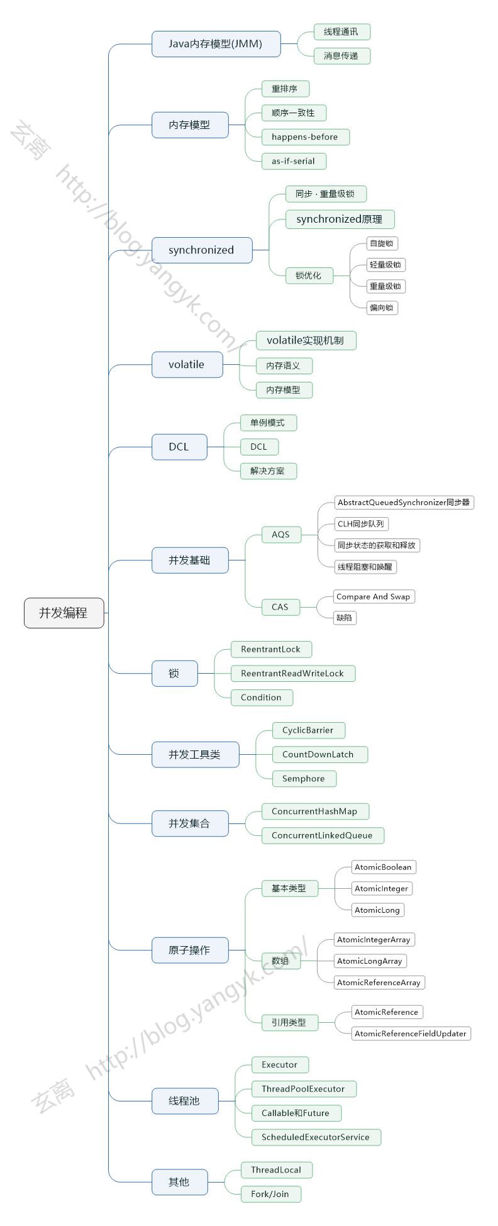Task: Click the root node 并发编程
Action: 64,613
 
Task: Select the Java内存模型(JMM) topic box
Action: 216,44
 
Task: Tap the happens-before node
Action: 305,137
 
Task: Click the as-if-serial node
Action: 294,161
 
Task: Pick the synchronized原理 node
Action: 340,219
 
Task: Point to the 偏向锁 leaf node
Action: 382,308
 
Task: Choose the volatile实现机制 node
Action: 306,340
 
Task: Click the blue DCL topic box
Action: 179,447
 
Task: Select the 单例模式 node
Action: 268,423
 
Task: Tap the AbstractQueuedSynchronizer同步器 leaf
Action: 404,502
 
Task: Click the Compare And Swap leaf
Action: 373,596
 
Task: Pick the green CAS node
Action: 280,607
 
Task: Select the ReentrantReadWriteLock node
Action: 292,673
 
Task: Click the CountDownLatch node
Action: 319,754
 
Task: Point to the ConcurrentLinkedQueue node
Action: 322,835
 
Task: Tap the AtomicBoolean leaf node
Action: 383,867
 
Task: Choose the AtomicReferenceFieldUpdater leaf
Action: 411,1033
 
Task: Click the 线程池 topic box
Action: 185,1101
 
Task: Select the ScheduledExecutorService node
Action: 316,1137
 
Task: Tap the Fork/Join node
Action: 270,1194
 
